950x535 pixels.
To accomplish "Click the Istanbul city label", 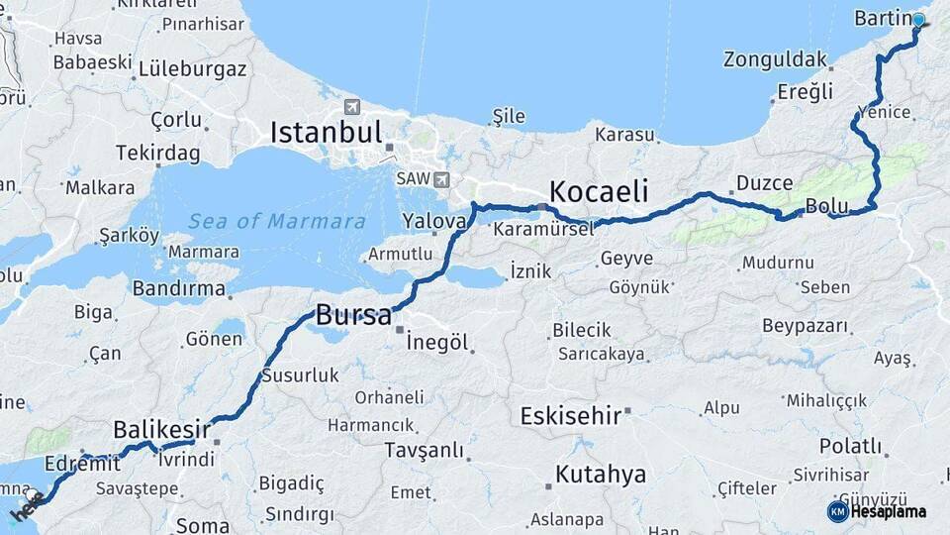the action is [x=326, y=133].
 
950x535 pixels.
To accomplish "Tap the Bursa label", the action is [x=353, y=316].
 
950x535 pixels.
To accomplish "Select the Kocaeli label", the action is [x=599, y=190].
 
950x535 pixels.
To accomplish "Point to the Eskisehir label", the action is [x=571, y=415].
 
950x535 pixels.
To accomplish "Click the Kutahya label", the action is [x=601, y=475].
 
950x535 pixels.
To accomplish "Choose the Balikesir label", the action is [x=161, y=429].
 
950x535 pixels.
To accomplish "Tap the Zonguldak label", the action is [x=775, y=59].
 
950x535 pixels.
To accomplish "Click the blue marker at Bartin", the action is [x=918, y=20].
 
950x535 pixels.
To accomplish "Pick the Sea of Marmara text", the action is [x=277, y=222].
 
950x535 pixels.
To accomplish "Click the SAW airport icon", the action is [x=440, y=179].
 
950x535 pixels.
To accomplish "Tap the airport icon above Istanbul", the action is [x=352, y=106].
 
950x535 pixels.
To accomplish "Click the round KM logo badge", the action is [x=837, y=511].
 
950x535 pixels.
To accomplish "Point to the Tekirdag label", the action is [x=157, y=154].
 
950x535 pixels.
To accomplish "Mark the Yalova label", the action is [x=433, y=222].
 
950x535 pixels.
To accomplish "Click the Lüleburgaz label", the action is [x=192, y=69].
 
